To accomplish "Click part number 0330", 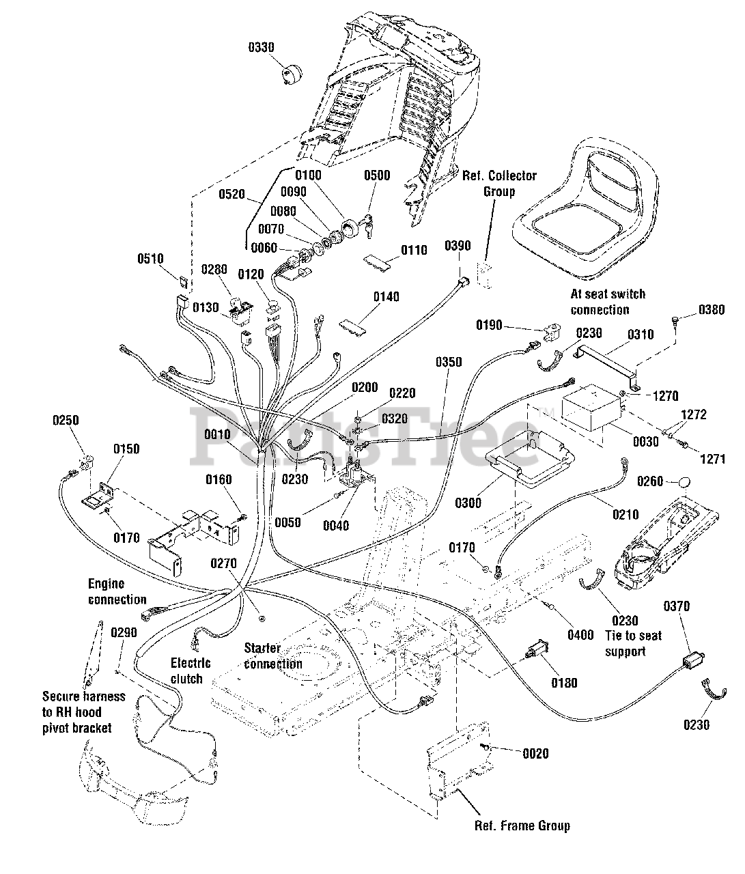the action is click(261, 47).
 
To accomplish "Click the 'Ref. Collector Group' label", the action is click(499, 183).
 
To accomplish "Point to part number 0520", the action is click(231, 194).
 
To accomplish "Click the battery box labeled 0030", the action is click(593, 408).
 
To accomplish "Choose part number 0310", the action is click(640, 335).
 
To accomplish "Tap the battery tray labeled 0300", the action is click(530, 458).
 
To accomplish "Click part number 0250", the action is click(66, 421).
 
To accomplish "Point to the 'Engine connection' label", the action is click(117, 591).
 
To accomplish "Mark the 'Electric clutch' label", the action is click(191, 671).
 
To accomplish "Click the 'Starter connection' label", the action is click(273, 655).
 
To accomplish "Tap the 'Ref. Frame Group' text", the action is click(522, 826).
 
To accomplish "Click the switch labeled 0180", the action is click(537, 648).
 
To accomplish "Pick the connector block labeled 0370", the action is click(693, 660).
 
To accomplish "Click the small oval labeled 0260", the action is click(684, 481).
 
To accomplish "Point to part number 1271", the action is click(712, 459).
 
